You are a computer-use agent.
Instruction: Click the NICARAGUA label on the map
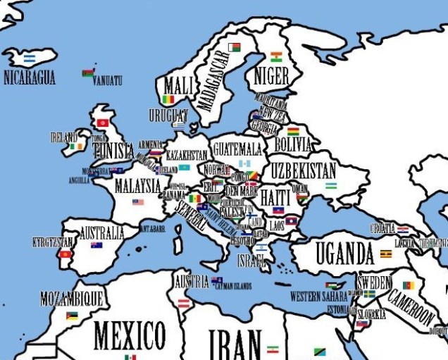pos(29,77)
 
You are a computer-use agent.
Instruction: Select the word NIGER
pos(270,74)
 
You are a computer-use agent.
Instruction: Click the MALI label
pos(177,87)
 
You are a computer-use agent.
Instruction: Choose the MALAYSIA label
pos(137,186)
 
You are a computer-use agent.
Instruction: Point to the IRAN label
pos(235,345)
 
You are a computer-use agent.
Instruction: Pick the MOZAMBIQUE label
pos(71,297)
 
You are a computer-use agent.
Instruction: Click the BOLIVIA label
pos(292,145)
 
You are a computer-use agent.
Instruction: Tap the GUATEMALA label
pos(237,149)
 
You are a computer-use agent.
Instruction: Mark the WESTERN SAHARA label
pos(318,296)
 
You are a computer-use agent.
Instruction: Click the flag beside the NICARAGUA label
pos(29,58)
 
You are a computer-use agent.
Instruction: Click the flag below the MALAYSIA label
pos(137,202)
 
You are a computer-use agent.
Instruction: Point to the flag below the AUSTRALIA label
pos(97,245)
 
